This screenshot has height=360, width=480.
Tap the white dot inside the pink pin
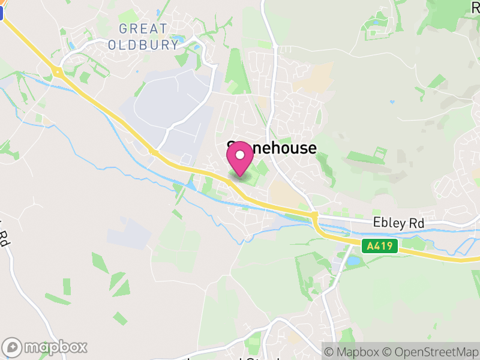(240, 155)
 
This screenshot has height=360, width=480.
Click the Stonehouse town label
(272, 148)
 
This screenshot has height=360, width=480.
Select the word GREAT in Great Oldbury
(143, 29)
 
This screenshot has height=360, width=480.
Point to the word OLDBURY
(143, 44)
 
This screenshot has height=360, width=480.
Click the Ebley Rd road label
(398, 223)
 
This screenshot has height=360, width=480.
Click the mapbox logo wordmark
(56, 347)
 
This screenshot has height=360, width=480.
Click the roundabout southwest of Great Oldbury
(58, 73)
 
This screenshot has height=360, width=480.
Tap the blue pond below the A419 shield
(352, 262)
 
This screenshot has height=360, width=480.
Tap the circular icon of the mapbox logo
(13, 347)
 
